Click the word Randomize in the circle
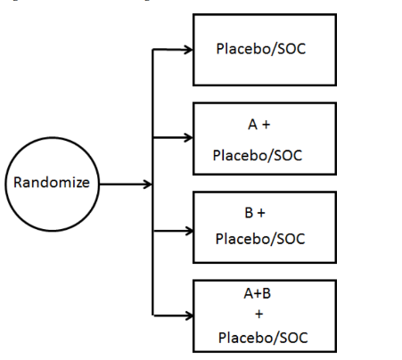pyautogui.click(x=52, y=183)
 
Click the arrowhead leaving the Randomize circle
pyautogui.click(x=148, y=184)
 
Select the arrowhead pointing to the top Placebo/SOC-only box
pyautogui.click(x=188, y=50)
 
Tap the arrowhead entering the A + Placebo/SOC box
pyautogui.click(x=188, y=137)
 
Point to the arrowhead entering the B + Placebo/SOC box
pyautogui.click(x=189, y=231)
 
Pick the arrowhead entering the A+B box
pyautogui.click(x=189, y=315)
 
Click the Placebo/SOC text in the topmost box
pyautogui.click(x=261, y=49)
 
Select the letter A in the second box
pyautogui.click(x=252, y=125)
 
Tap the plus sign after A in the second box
pyautogui.click(x=267, y=125)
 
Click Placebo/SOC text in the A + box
pyautogui.click(x=258, y=155)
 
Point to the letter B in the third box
pyautogui.click(x=249, y=213)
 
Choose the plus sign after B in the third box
pyautogui.click(x=261, y=213)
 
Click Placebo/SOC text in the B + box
pyautogui.click(x=260, y=239)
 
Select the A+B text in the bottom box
pyautogui.click(x=258, y=293)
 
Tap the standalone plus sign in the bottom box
pyautogui.click(x=259, y=314)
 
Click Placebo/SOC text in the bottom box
pyautogui.click(x=263, y=338)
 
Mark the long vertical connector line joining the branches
pyautogui.click(x=152, y=182)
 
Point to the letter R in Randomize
pyautogui.click(x=18, y=183)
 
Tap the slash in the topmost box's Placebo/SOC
pyautogui.click(x=274, y=49)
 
